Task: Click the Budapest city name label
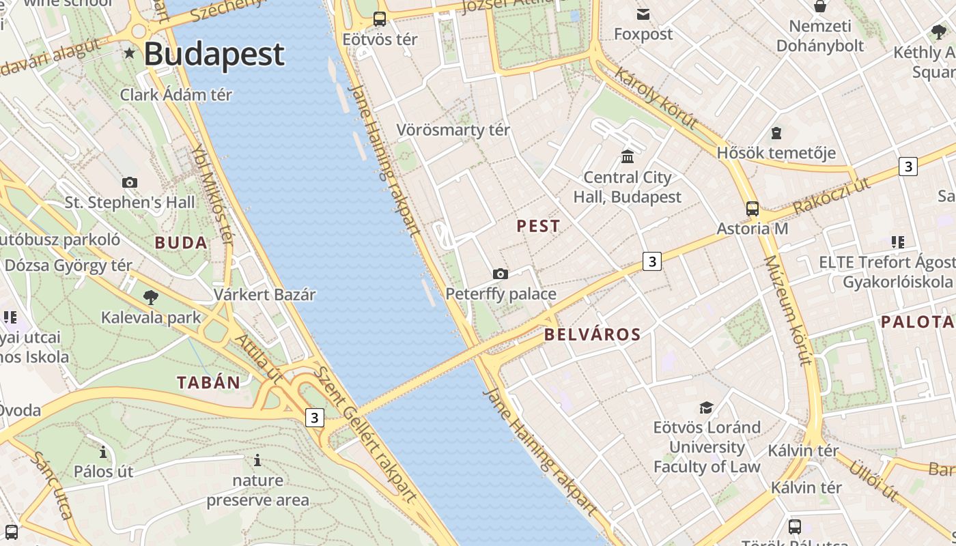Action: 214,54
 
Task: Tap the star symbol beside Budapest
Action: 129,53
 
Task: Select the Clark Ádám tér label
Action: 176,95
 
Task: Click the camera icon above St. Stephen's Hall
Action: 129,182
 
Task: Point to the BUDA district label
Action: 181,242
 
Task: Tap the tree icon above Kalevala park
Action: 151,298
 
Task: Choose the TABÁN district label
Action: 209,382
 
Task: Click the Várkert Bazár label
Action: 264,295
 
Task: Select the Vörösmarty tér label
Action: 453,130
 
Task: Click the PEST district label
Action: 538,226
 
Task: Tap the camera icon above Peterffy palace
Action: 501,274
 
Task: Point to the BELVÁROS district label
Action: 593,334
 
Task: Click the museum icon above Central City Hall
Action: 628,157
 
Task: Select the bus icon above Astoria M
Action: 752,209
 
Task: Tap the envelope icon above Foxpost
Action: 643,14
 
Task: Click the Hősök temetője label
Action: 776,152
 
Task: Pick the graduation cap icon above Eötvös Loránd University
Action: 706,407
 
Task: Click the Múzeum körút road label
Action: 786,311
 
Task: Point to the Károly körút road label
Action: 656,98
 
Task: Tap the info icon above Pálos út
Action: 103,452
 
